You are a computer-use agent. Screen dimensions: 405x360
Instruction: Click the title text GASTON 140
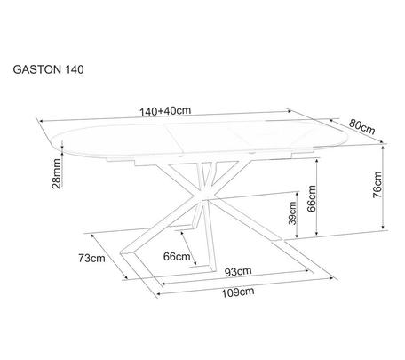[x=48, y=69]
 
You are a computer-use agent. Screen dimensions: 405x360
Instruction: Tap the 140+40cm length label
[x=165, y=111]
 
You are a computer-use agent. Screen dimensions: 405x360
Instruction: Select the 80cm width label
[x=361, y=127]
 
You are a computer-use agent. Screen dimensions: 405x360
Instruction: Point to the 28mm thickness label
[x=56, y=173]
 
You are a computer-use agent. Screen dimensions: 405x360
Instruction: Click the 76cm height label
[x=377, y=185]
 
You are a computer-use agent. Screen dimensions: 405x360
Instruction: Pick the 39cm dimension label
[x=292, y=213]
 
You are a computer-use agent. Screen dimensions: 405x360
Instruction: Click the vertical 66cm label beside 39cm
[x=312, y=198]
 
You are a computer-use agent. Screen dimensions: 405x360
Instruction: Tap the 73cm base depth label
[x=91, y=258]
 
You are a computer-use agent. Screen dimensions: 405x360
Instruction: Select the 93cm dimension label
[x=238, y=271]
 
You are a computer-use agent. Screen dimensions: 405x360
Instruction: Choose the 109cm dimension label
[x=238, y=292]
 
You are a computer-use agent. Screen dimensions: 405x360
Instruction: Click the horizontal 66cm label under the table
[x=177, y=256]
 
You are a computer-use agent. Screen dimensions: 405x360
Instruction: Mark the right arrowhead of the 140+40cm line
[x=290, y=111]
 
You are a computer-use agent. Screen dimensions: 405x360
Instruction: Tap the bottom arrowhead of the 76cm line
[x=384, y=227]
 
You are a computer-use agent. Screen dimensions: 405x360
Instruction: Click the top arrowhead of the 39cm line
[x=297, y=195]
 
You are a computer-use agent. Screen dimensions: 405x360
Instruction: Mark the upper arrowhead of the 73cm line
[x=94, y=236]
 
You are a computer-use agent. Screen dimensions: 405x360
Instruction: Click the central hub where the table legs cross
[x=204, y=196]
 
